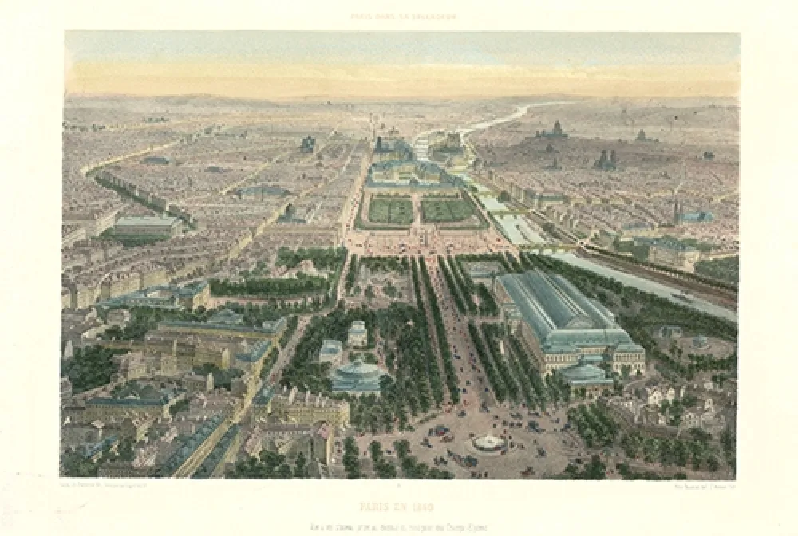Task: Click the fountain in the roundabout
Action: click(488, 441)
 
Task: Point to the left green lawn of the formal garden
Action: click(391, 211)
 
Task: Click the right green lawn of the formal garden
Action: click(448, 211)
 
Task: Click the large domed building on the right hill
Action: click(552, 130)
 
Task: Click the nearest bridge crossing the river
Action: click(551, 249)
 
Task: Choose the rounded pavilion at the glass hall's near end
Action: click(587, 373)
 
